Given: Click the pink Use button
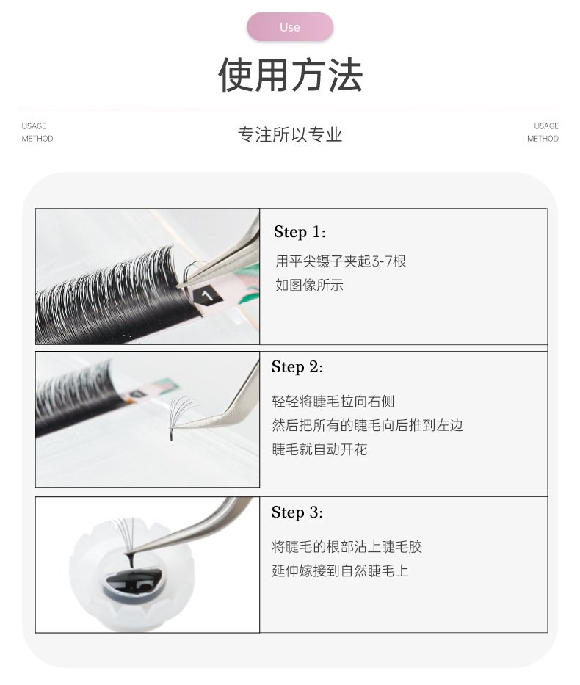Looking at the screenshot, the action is click(x=290, y=27).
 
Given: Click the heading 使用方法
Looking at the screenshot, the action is click(x=291, y=75).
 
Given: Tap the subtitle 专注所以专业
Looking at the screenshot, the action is click(x=290, y=134).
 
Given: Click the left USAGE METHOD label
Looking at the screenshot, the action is click(x=37, y=132).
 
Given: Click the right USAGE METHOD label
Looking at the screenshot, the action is click(x=543, y=132).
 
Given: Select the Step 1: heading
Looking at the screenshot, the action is click(x=300, y=232).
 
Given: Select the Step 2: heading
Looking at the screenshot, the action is click(x=297, y=367).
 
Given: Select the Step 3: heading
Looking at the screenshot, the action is click(x=297, y=512).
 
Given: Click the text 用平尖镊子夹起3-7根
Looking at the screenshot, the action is click(x=341, y=261).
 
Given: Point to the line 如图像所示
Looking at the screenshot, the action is click(x=309, y=286).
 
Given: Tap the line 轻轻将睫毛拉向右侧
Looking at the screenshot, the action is click(x=333, y=401).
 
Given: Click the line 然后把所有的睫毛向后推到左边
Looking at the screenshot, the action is click(x=367, y=425).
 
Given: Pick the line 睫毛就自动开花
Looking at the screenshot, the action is click(x=319, y=449).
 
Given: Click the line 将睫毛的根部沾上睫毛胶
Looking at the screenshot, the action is click(x=347, y=546).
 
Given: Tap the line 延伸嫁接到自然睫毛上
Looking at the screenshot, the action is click(x=340, y=570).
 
